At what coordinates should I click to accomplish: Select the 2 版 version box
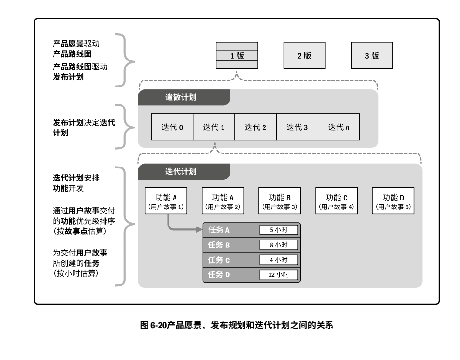pyautogui.click(x=304, y=56)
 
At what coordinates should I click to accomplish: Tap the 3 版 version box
pyautogui.click(x=372, y=56)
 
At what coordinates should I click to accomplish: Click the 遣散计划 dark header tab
pyautogui.click(x=184, y=97)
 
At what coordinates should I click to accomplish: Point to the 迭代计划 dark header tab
pyautogui.click(x=184, y=171)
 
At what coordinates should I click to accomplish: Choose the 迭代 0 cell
pyautogui.click(x=172, y=127)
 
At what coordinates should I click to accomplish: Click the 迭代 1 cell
pyautogui.click(x=214, y=127)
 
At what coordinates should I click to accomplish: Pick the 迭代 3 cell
pyautogui.click(x=297, y=127)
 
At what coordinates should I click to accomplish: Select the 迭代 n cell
pyautogui.click(x=338, y=127)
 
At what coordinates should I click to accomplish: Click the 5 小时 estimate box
pyautogui.click(x=278, y=230)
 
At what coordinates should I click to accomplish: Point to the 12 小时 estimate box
pyautogui.click(x=278, y=274)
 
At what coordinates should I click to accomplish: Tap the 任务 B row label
pyautogui.click(x=219, y=245)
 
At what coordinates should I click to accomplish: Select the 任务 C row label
pyautogui.click(x=219, y=260)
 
